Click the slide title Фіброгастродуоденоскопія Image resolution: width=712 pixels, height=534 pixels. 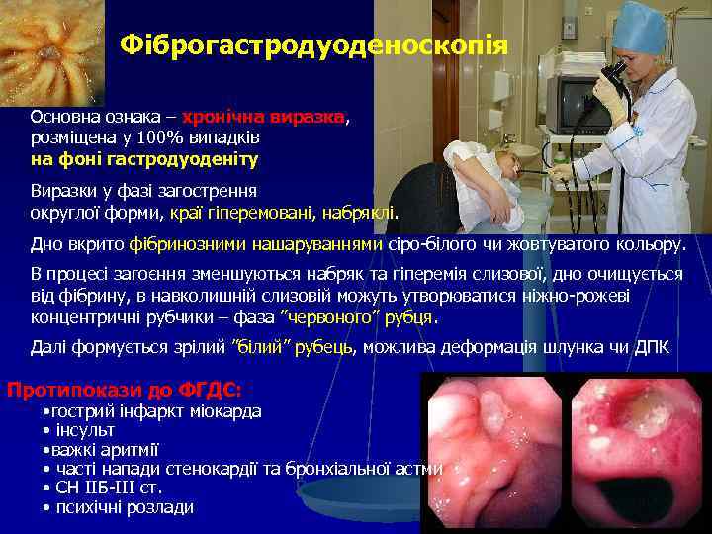pyautogui.click(x=313, y=45)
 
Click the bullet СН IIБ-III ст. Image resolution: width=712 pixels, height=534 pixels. pyautogui.click(x=110, y=488)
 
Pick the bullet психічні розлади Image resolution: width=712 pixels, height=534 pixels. pyautogui.click(x=125, y=507)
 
